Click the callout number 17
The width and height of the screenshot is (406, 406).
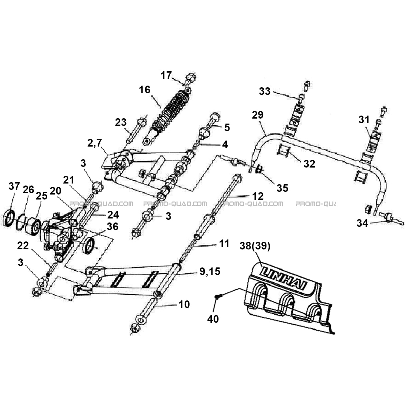(166, 75)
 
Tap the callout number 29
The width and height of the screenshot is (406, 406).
(258, 115)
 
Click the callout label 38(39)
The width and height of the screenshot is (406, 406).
(255, 246)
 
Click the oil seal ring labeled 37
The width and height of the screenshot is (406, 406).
(9, 218)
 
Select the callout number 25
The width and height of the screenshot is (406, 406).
(42, 196)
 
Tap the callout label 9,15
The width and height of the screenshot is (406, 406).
(209, 271)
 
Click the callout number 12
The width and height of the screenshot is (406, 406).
(258, 196)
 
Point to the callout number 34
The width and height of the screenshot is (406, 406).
(362, 223)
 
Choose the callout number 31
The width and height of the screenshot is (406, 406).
(364, 120)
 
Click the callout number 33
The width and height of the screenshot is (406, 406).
(265, 91)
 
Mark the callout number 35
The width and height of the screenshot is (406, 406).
(282, 188)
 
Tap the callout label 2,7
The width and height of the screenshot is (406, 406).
(95, 143)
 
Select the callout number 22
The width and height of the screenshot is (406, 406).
(23, 246)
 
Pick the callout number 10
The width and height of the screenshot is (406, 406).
(184, 304)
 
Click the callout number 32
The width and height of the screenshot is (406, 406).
(309, 164)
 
